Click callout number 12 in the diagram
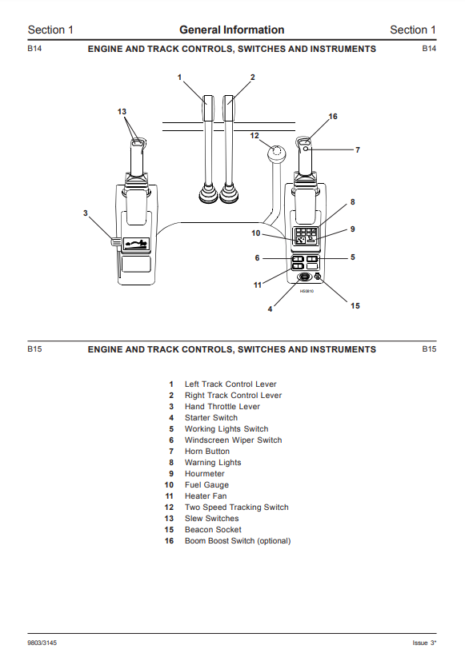254,136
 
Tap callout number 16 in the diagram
333,117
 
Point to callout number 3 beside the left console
85,213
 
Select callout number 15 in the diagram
355,305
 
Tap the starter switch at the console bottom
303,277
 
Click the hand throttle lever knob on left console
115,242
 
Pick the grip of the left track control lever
209,109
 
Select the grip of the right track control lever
229,109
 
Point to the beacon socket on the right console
318,277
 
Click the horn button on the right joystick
306,149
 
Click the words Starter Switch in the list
211,418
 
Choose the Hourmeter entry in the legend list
205,474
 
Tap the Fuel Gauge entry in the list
206,485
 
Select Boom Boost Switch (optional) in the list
238,541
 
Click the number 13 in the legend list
169,519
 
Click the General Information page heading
231,30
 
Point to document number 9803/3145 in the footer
42,643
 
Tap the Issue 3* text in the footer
424,643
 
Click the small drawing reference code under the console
307,291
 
